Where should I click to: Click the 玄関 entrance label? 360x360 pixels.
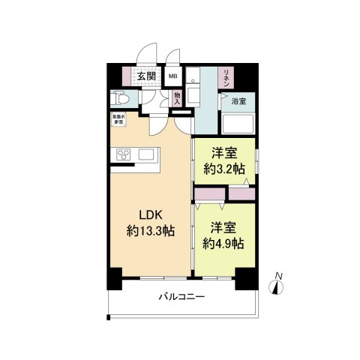147,76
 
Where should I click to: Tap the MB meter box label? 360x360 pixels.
172,76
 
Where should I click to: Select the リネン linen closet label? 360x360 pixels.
224,78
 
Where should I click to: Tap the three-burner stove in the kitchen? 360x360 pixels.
124,155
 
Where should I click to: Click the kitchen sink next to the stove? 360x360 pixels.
146,155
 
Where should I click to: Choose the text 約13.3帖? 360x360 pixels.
151,232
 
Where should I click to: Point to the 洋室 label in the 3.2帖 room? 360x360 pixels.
224,151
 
